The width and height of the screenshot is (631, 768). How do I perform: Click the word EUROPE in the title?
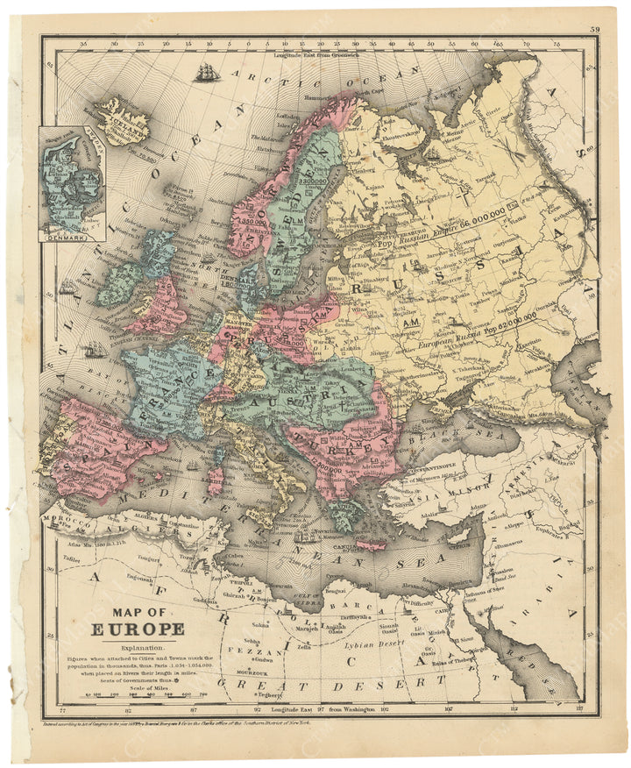coord(138,629)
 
